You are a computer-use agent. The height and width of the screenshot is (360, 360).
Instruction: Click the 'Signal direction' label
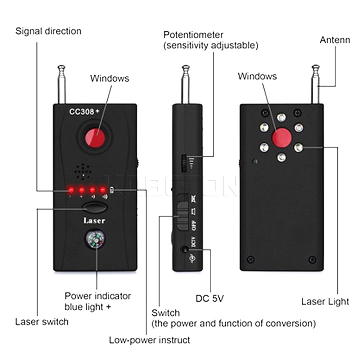coord(48,31)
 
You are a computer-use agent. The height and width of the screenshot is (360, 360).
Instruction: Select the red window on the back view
coord(282,138)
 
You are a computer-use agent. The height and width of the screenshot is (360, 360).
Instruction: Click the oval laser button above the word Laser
coord(94,208)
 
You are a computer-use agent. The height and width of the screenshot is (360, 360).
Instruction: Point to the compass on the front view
coord(95,240)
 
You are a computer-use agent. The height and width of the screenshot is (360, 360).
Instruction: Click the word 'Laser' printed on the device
coord(94,220)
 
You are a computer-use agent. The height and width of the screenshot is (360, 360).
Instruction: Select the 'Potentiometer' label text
coord(193,35)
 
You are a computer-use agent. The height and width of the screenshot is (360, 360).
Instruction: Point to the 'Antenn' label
coord(334,40)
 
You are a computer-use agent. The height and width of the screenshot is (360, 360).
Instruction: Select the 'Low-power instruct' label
coord(149,339)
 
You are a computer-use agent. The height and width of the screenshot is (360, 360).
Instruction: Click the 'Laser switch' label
coord(41,321)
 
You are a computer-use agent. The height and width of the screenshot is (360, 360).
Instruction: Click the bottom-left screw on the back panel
coord(251,259)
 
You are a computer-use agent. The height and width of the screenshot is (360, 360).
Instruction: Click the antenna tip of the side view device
coord(185,68)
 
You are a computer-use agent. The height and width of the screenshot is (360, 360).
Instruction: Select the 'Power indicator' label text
coord(98,296)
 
